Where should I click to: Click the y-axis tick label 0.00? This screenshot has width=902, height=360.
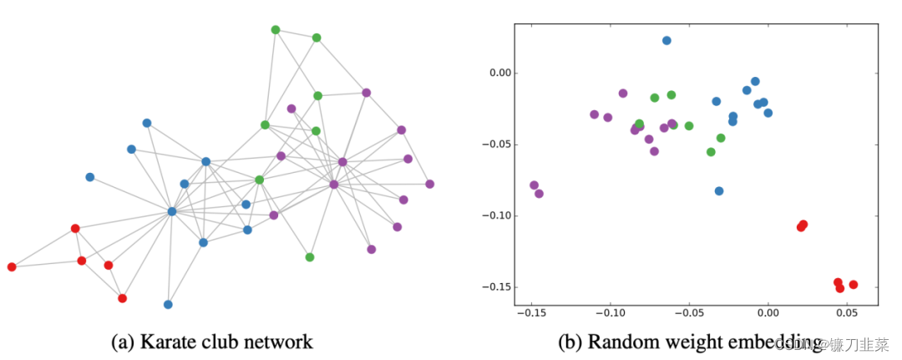(x=498, y=73)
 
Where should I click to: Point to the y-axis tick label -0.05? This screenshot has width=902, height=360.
(x=496, y=145)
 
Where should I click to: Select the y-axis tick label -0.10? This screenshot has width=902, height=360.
(x=496, y=215)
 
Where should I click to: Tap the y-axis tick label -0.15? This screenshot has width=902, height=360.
(x=496, y=287)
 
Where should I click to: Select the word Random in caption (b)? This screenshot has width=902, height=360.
(x=619, y=342)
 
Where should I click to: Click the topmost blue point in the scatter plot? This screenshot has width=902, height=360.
(x=666, y=40)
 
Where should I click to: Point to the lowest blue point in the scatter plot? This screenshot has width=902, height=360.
(x=719, y=191)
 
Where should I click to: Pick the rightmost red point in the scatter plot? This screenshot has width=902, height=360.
(x=854, y=285)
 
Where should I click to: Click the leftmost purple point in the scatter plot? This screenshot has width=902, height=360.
(x=534, y=185)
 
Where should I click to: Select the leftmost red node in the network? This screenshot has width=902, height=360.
(x=12, y=267)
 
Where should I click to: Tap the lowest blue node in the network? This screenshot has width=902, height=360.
(x=168, y=305)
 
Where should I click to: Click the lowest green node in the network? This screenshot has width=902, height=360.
(x=310, y=257)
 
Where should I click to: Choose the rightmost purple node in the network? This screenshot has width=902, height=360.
(x=430, y=184)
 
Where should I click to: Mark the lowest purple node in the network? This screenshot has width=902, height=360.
(x=372, y=250)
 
